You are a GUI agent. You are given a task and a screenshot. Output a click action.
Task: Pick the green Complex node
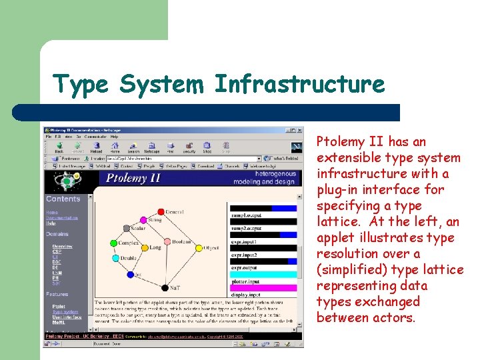[115, 245]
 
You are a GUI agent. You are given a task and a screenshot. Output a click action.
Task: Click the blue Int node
[131, 274]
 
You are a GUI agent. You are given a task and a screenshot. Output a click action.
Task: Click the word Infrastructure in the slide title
[299, 85]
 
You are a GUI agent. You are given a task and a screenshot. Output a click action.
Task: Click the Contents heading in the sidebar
[63, 199]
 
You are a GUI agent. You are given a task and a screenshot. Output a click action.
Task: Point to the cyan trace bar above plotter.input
[263, 275]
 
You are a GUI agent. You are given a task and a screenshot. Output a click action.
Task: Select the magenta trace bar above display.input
[263, 288]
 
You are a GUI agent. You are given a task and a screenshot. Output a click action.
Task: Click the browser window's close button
[300, 130]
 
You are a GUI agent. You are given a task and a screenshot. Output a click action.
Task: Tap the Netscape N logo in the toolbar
[296, 147]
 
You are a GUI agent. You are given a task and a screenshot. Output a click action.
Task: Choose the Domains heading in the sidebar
[57, 235]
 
